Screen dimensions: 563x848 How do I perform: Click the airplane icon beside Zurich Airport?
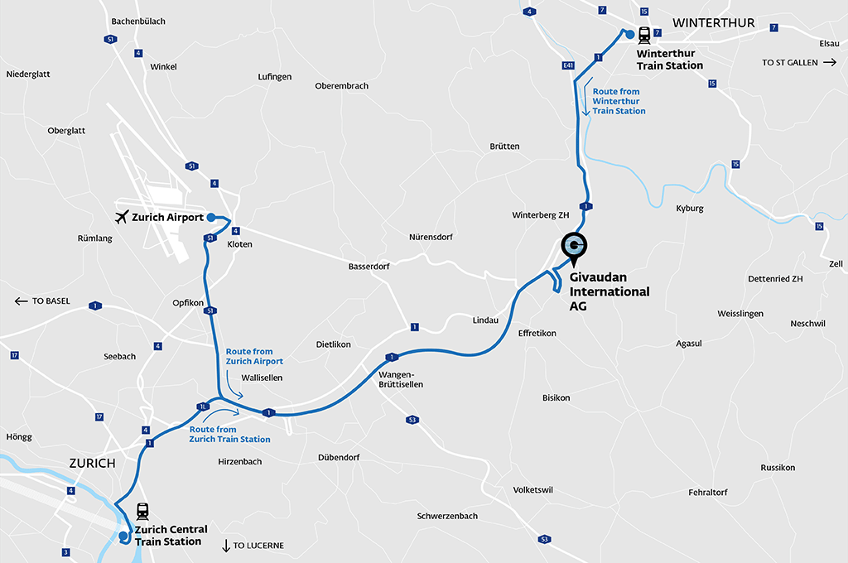tap(122, 217)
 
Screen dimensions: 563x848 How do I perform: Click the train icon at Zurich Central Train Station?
tap(142, 511)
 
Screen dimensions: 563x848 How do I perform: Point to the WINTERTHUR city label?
tap(714, 23)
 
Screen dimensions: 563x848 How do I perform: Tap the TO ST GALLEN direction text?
tap(790, 63)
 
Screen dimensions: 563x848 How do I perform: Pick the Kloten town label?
tap(239, 244)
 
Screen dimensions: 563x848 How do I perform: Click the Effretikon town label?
tap(537, 333)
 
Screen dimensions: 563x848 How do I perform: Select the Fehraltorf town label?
tap(707, 493)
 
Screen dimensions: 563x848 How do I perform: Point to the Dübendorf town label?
tap(339, 458)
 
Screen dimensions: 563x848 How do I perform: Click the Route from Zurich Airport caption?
tap(254, 356)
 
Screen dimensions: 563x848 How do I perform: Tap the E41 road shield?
tap(567, 65)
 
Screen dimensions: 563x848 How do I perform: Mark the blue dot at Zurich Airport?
tap(211, 217)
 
